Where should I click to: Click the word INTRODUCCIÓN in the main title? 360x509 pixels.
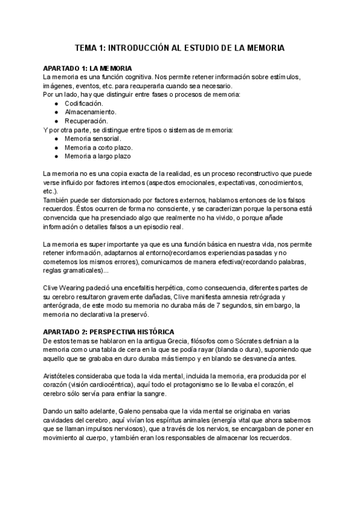click(133, 47)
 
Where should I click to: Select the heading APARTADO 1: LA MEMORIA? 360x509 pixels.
click(88, 68)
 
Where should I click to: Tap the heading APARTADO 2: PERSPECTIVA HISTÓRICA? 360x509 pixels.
click(109, 332)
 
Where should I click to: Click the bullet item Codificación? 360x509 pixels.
click(84, 103)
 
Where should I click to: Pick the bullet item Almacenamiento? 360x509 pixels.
click(91, 112)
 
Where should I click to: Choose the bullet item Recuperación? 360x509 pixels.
click(86, 121)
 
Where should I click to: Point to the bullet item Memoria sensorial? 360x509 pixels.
click(92, 138)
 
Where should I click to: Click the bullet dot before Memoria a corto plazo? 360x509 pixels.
click(56, 147)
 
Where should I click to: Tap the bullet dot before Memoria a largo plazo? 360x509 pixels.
click(56, 156)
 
